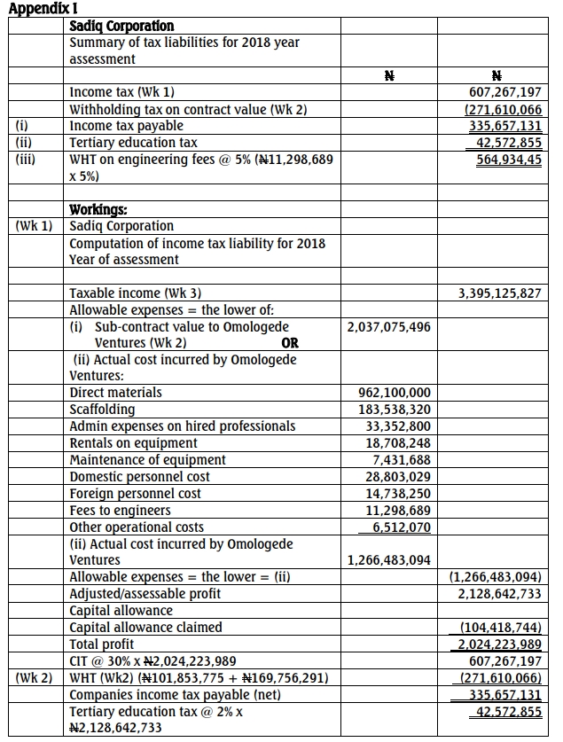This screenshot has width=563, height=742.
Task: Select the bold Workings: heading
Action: click(x=99, y=210)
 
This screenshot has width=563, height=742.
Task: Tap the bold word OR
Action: click(x=289, y=343)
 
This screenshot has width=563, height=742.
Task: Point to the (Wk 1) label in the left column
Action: click(x=35, y=226)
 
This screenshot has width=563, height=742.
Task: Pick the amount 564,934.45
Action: click(x=508, y=160)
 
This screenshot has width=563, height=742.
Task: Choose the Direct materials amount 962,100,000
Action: click(x=394, y=393)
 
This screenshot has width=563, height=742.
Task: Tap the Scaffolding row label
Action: click(x=103, y=410)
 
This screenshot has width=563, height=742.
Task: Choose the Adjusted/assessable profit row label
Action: click(x=145, y=594)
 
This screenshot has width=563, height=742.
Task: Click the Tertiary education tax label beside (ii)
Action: click(x=133, y=143)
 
